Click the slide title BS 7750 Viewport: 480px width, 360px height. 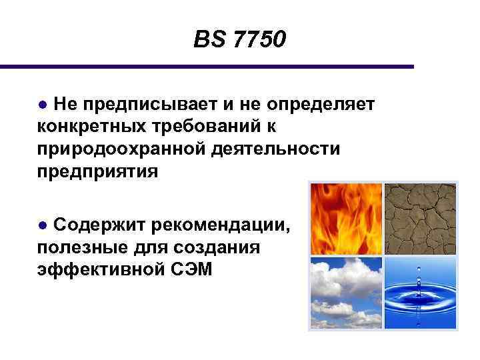[239, 41]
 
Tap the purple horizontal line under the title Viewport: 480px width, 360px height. [207, 67]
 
